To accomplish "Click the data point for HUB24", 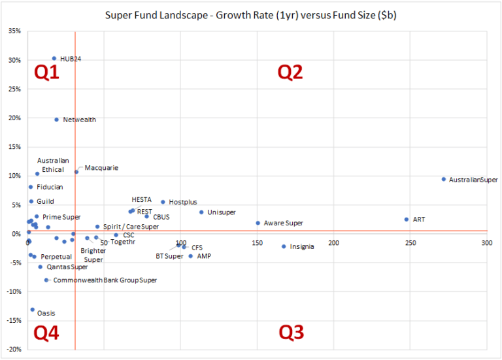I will [x=54, y=58].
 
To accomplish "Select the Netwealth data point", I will [x=57, y=120].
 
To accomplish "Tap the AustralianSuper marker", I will [x=444, y=179].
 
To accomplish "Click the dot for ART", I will [x=407, y=220].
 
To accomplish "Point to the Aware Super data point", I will [x=258, y=223].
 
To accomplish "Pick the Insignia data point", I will [x=284, y=246].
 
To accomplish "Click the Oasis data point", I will [x=33, y=310].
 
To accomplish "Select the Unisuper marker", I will [x=201, y=212].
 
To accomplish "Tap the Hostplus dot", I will [x=163, y=202].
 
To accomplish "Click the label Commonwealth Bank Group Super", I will [x=105, y=280].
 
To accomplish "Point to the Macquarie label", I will [x=101, y=168].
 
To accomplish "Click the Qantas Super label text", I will [x=67, y=267].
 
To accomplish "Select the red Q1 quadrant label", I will [x=46, y=73].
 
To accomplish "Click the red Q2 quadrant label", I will [x=290, y=73].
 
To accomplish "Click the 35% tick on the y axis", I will [x=14, y=31].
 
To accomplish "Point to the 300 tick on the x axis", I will [x=486, y=243].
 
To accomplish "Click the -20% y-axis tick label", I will [x=12, y=349].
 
